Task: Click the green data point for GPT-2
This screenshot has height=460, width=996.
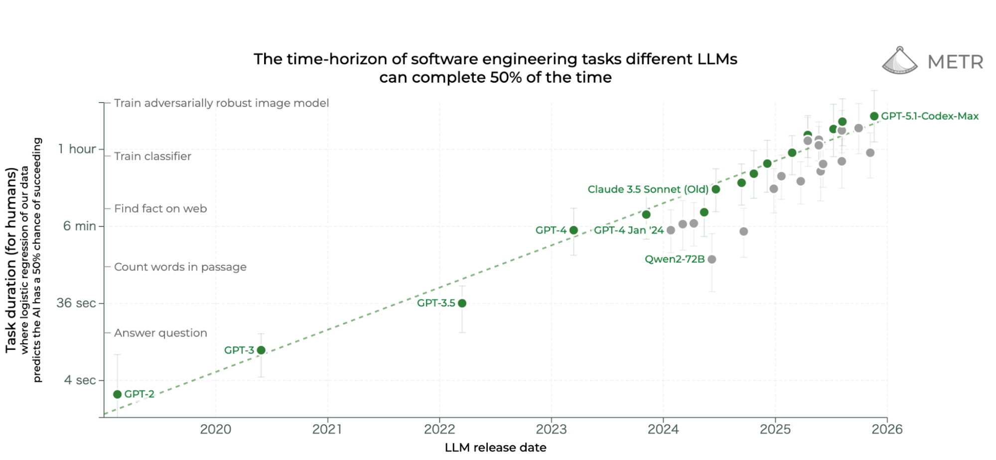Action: (118, 394)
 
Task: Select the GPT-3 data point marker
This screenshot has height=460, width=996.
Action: (261, 350)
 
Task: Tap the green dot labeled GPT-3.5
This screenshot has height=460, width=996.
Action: (462, 303)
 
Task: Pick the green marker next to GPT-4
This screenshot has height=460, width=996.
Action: (573, 230)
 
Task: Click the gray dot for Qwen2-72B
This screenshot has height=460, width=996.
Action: (712, 259)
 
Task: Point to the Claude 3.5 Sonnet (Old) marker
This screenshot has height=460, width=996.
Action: (716, 189)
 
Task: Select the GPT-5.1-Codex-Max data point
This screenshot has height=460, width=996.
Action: (874, 116)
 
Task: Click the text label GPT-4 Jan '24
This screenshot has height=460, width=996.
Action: (629, 230)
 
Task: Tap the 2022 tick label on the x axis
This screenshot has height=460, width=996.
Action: (439, 429)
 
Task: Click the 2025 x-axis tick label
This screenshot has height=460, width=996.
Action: (775, 429)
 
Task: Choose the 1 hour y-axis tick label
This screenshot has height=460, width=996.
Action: (77, 149)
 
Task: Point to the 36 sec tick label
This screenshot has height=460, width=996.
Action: (76, 303)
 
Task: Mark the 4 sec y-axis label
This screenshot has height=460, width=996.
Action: (80, 380)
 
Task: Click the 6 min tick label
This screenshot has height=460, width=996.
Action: (79, 226)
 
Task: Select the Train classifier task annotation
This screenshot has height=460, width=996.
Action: (152, 156)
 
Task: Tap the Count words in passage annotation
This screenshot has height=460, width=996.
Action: (180, 267)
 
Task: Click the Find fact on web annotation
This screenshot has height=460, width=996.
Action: (160, 209)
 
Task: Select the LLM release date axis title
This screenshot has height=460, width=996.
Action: (495, 448)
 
